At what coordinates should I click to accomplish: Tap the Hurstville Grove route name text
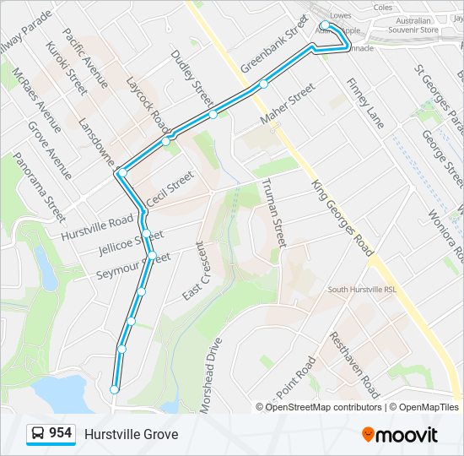131,434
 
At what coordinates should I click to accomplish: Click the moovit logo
400,435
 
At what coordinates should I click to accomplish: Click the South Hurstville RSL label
362,290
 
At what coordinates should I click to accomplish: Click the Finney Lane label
364,105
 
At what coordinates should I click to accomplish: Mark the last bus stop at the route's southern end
114,388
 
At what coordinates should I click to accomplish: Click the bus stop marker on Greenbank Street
264,84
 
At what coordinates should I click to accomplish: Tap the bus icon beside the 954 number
38,433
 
